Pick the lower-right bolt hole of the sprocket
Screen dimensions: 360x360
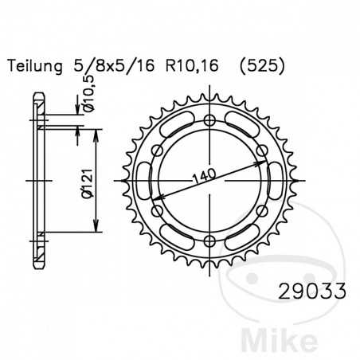click(x=261, y=211)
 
